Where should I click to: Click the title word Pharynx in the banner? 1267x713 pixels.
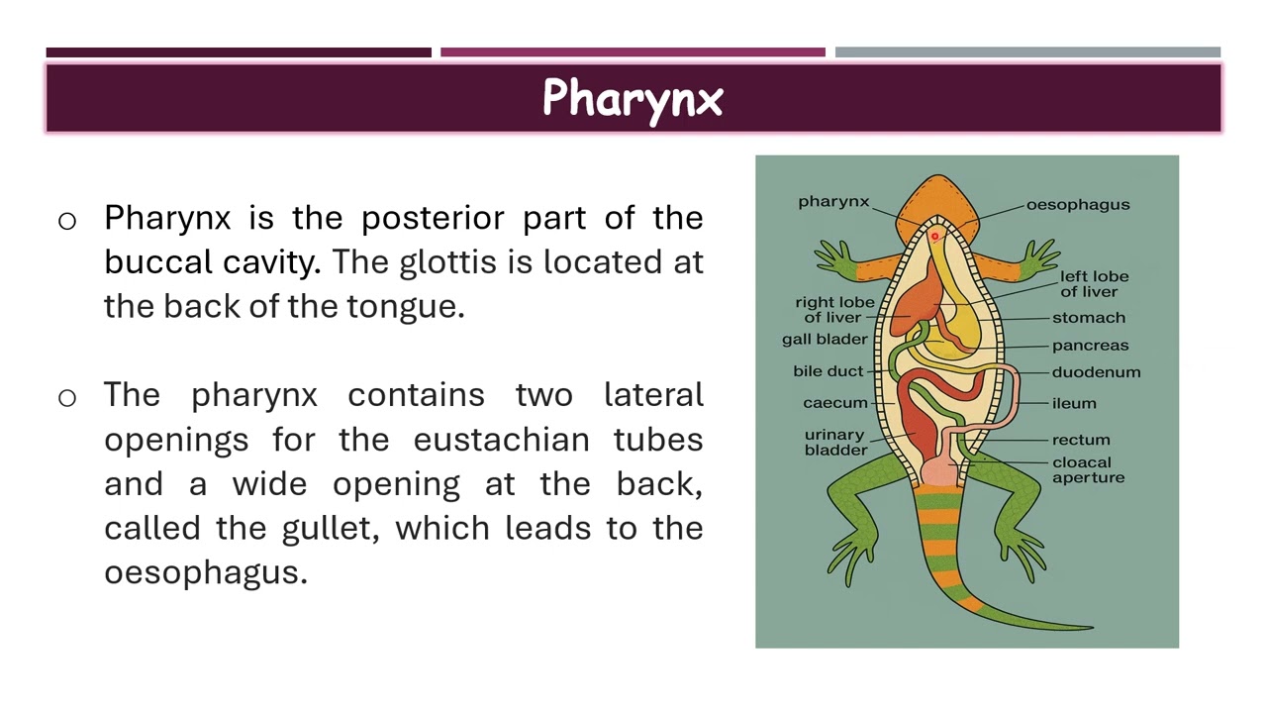point(633,99)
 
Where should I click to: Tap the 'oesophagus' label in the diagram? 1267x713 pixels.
point(1077,205)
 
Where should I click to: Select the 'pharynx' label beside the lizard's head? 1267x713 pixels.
point(833,202)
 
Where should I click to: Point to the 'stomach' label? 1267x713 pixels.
point(1088,318)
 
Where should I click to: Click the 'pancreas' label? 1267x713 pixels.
point(1090,346)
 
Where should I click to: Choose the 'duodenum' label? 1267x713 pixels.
point(1096,372)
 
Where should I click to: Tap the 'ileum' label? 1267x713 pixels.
point(1074,403)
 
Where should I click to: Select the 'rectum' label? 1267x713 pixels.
point(1081,440)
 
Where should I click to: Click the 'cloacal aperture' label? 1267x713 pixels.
point(1088,469)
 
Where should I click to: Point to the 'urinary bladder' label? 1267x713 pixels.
point(835,442)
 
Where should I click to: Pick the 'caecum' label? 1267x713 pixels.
point(834,403)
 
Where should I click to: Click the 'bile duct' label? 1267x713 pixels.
point(828,371)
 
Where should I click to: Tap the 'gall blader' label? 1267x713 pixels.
point(824,339)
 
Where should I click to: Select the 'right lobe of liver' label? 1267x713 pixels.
point(834,309)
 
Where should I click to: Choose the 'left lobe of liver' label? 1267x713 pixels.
point(1094,283)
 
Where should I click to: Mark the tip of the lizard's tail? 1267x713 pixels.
point(1091,626)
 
